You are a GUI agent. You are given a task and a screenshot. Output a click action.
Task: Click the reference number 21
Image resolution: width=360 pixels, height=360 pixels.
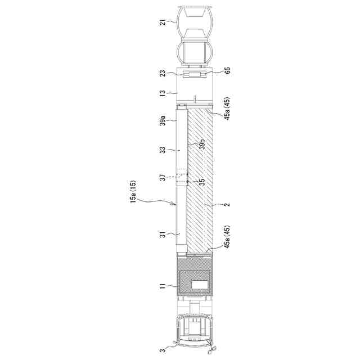click(x=163, y=22)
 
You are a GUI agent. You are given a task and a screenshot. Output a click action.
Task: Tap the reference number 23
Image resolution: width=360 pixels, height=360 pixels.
click(x=163, y=74)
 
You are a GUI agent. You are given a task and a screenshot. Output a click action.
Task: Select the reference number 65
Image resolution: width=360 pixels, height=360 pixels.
click(x=227, y=70)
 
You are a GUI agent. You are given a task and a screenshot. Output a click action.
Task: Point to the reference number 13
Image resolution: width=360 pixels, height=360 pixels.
click(x=163, y=93)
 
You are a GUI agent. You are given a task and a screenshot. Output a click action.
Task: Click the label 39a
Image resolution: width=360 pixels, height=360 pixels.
click(x=163, y=120)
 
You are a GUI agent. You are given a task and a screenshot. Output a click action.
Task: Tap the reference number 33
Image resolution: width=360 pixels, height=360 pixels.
click(x=163, y=150)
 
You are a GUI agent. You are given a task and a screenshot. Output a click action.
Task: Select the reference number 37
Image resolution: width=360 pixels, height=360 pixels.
click(x=163, y=178)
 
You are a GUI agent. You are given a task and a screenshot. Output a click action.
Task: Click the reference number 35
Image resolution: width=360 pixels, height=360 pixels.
click(x=202, y=182)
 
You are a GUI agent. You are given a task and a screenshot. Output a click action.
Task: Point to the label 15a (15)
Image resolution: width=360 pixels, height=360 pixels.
click(x=133, y=191)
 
